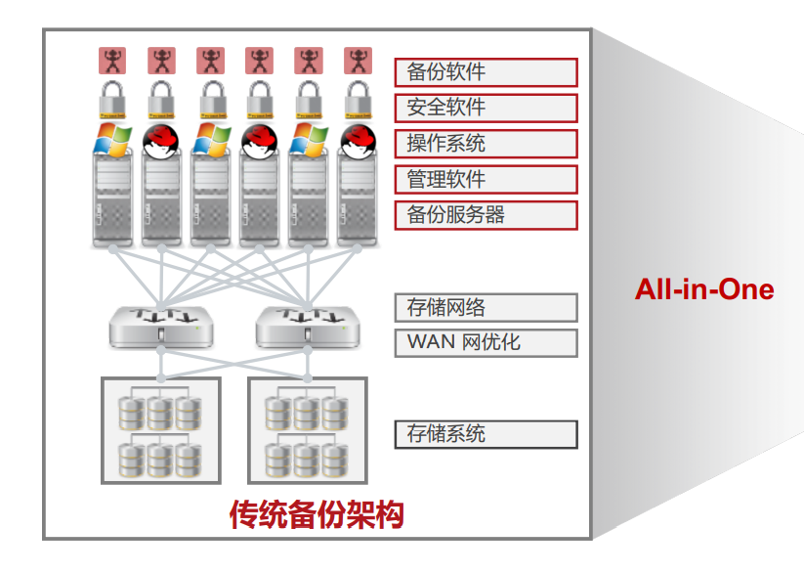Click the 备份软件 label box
486,72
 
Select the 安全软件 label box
486,108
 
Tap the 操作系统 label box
486,144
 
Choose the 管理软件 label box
486,179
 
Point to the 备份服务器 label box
486,215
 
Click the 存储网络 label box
486,308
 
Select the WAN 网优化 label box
486,342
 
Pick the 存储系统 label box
486,434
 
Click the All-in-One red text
703,289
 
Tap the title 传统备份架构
317,514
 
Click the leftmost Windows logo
112,140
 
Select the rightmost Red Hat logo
358,140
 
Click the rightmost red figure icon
358,61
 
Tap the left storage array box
160,430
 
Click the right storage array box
307,430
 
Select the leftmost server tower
112,200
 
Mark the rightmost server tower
358,200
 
